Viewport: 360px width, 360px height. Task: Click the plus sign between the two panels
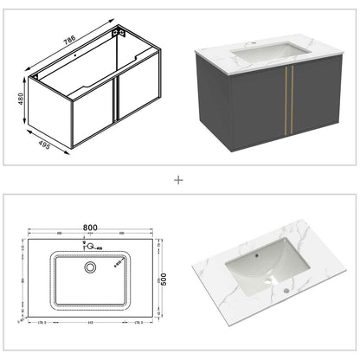coord(179,180)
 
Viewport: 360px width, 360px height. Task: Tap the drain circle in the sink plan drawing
coord(89,267)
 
